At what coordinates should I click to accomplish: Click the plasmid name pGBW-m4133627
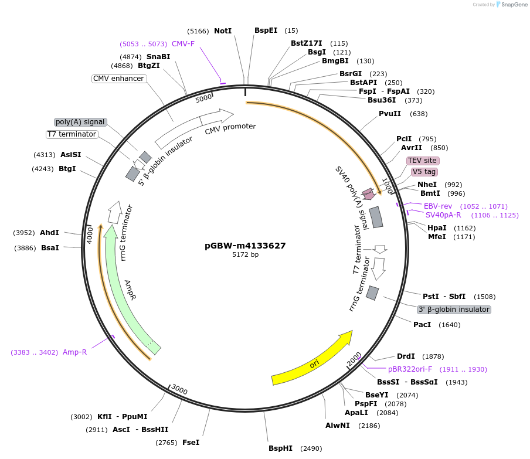pyautogui.click(x=245, y=246)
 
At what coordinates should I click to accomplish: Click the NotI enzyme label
pyautogui.click(x=223, y=30)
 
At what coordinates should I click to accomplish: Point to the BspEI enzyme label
pyautogui.click(x=266, y=30)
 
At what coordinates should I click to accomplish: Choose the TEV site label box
pyautogui.click(x=423, y=161)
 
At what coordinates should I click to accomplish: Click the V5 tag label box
pyautogui.click(x=423, y=172)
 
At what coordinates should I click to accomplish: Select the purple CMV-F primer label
pyautogui.click(x=183, y=44)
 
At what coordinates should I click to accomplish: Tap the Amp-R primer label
pyautogui.click(x=74, y=352)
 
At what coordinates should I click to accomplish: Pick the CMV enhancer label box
pyautogui.click(x=118, y=79)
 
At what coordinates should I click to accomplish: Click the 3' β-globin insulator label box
pyautogui.click(x=454, y=310)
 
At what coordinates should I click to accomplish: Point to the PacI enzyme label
pyautogui.click(x=422, y=325)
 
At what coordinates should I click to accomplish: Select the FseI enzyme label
pyautogui.click(x=191, y=443)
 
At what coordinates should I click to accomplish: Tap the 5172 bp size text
pyautogui.click(x=245, y=255)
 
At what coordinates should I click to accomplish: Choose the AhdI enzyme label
pyautogui.click(x=49, y=233)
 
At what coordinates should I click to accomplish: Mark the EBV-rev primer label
pyautogui.click(x=438, y=206)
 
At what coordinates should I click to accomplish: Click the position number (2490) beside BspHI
pyautogui.click(x=311, y=448)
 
